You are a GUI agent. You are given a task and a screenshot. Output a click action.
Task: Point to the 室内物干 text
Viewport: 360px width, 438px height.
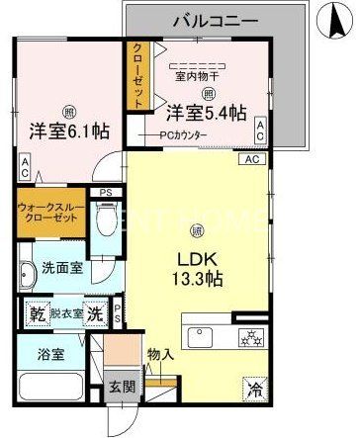click(x=196, y=73)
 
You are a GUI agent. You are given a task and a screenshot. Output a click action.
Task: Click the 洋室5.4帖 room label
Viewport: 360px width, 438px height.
click(x=205, y=113)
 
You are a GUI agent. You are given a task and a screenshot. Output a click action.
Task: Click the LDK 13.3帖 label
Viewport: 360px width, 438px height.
click(x=199, y=269)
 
